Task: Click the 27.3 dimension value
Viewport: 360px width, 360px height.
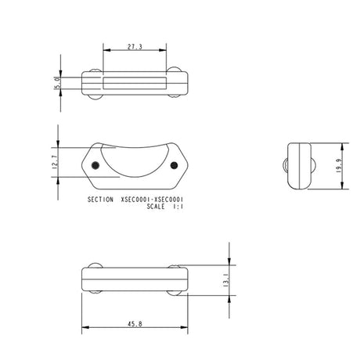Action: point(134,48)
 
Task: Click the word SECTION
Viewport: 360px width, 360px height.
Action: point(103,200)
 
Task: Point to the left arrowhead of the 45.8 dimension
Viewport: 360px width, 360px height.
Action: point(85,327)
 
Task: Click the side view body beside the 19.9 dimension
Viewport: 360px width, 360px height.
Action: point(299,166)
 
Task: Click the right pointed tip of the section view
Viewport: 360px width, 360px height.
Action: point(188,165)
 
